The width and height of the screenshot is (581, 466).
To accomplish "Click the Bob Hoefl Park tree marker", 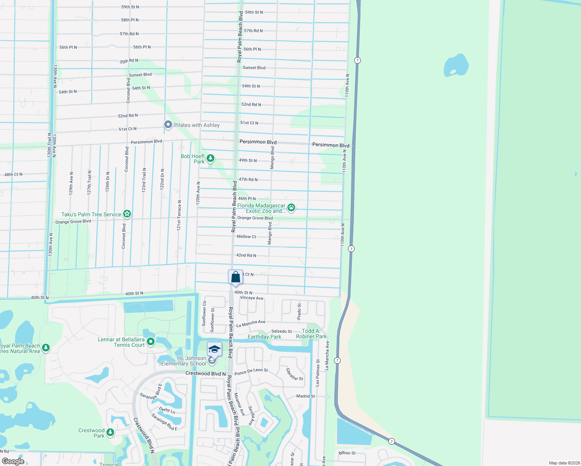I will click(x=210, y=158).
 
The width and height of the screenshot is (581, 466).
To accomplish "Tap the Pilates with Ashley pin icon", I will click(x=168, y=125).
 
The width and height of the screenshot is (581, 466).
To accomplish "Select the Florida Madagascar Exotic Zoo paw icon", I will click(x=291, y=208).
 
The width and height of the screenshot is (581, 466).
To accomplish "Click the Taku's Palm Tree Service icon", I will click(x=127, y=214).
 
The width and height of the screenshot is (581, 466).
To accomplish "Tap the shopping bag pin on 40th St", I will click(x=235, y=277).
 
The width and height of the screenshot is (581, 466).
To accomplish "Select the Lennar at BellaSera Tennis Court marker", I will click(x=151, y=342).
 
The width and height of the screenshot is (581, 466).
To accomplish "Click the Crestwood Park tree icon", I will click(x=110, y=432).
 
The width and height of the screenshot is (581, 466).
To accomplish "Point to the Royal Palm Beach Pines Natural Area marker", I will click(x=46, y=348).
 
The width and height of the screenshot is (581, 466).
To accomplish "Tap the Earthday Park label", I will click(x=264, y=337).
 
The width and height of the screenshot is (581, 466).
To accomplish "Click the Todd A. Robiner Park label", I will click(x=311, y=334).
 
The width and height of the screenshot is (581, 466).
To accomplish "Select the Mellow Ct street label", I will click(x=246, y=236).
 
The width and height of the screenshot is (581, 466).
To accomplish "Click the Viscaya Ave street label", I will click(x=251, y=298).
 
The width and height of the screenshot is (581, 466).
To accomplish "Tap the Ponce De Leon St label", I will click(x=251, y=372).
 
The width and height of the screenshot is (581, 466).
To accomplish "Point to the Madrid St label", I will click(x=305, y=396).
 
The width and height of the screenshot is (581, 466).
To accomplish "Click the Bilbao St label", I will click(x=347, y=453).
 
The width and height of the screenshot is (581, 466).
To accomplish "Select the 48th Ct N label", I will click(x=13, y=174).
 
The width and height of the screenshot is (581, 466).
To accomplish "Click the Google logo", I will click(x=13, y=461).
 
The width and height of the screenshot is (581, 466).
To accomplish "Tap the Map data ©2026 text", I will click(x=564, y=463).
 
